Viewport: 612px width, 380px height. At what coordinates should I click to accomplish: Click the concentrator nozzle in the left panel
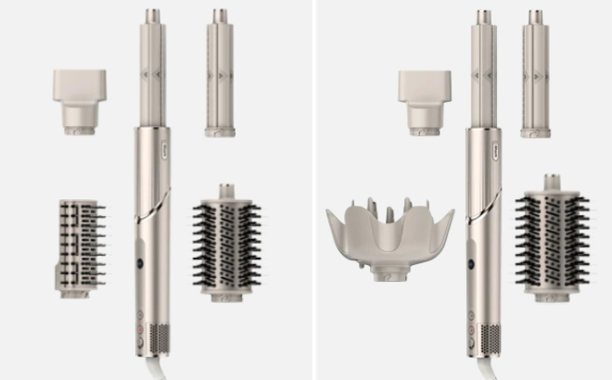[x=79, y=100]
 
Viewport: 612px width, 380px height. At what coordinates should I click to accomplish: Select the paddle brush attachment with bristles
[x=81, y=246]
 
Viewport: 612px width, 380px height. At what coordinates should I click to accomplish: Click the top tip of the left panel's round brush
[x=225, y=189]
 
